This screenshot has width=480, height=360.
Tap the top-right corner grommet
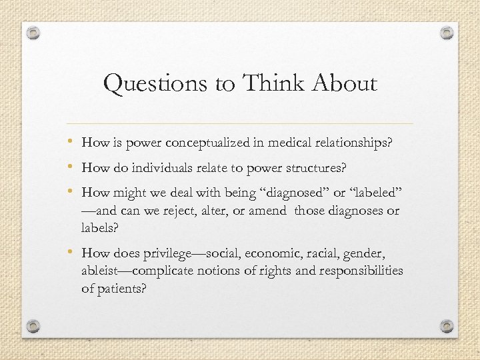coord(447,33)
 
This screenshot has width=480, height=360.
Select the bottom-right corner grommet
coord(447,326)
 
